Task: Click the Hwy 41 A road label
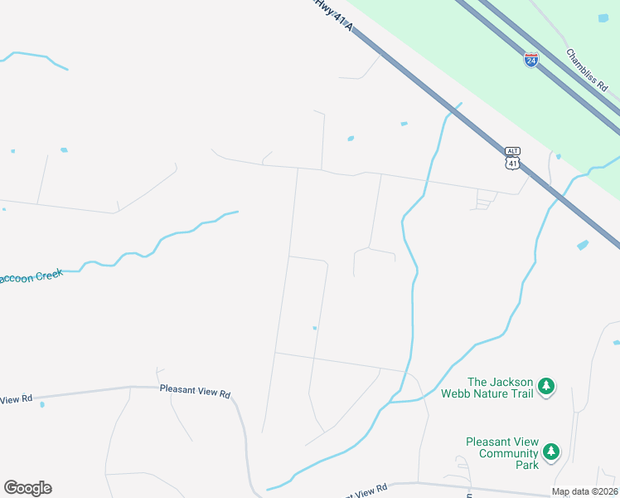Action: click(334, 16)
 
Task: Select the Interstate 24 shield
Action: click(531, 60)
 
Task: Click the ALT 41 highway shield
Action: click(513, 159)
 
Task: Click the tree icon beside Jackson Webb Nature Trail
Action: click(546, 386)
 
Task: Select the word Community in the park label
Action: click(502, 453)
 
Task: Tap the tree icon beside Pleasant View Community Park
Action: click(550, 452)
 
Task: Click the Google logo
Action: click(27, 488)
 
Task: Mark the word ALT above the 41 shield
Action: click(513, 150)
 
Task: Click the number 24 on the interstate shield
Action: click(531, 61)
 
